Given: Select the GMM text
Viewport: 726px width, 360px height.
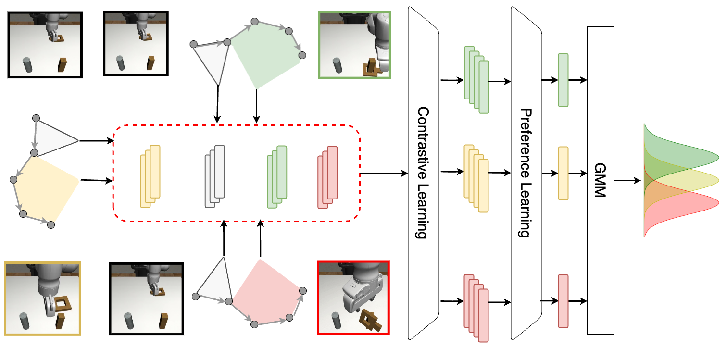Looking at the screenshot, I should (601, 181).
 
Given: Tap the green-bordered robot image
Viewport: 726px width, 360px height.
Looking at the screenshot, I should (355, 45).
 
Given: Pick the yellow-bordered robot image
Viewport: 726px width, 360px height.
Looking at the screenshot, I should (43, 298).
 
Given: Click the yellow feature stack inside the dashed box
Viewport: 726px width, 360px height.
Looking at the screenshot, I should (150, 176).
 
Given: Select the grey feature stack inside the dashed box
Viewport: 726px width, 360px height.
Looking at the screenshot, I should (215, 176).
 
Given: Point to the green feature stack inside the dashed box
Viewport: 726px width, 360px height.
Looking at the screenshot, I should (277, 177).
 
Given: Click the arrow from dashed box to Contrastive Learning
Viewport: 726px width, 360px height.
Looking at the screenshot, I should (383, 173).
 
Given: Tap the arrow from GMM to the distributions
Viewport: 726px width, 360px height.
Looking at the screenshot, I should (628, 181).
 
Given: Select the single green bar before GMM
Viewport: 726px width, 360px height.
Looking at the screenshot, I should (563, 80).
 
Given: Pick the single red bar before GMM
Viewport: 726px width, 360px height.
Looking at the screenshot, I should (563, 301).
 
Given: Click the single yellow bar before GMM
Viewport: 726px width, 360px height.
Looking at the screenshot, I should (563, 173).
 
